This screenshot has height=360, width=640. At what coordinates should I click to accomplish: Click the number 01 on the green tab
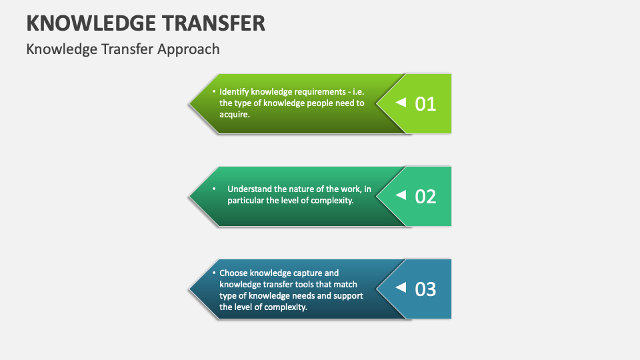(x=425, y=104)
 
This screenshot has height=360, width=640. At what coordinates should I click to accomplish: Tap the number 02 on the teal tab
(x=425, y=197)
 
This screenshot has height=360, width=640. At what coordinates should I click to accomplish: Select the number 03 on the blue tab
(x=425, y=289)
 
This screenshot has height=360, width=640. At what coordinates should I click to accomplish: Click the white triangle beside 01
(x=401, y=103)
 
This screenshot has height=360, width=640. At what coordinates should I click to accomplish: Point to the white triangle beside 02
(x=401, y=195)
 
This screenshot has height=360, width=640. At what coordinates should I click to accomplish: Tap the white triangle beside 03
(x=401, y=287)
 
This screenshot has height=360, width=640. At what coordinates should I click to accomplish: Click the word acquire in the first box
(x=234, y=114)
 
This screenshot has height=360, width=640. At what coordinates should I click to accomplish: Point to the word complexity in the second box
(x=331, y=200)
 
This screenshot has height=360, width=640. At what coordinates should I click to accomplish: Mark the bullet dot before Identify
(x=214, y=91)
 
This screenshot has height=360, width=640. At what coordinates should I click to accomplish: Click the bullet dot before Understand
(x=214, y=189)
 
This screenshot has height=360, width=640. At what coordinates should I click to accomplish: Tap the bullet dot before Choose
(x=214, y=273)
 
